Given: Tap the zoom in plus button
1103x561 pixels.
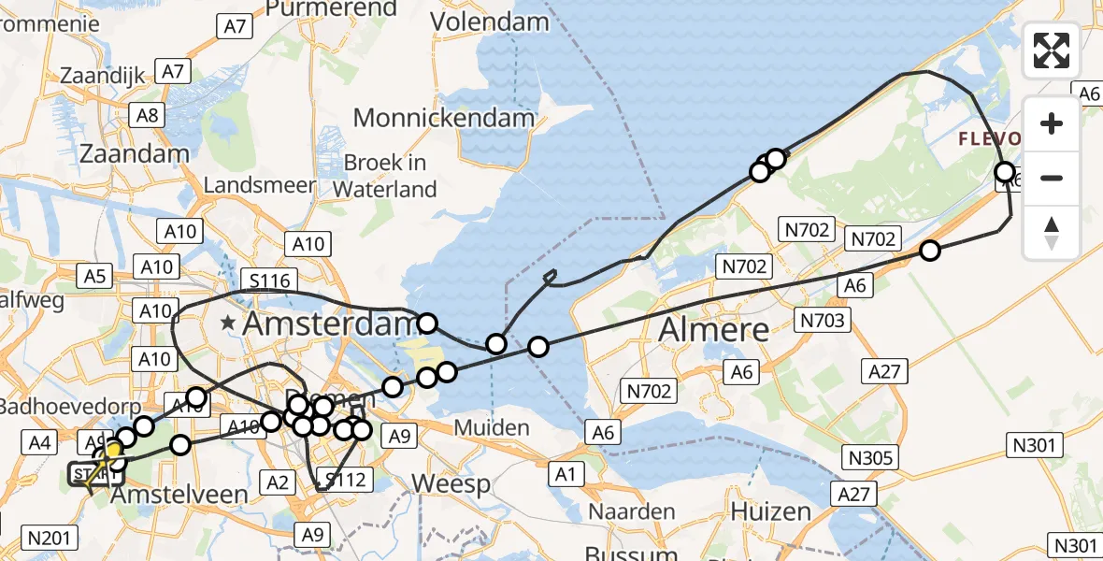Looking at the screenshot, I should [1052, 123].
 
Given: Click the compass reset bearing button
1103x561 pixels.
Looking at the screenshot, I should [1052, 232].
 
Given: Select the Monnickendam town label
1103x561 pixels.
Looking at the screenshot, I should [444, 118].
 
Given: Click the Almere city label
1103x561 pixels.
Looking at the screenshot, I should [714, 329].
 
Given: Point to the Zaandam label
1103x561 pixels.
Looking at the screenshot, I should [129, 153].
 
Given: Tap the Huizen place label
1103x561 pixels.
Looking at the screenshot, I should [770, 511].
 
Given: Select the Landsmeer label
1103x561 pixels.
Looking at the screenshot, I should [260, 185].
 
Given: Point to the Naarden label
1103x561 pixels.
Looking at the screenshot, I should [632, 511].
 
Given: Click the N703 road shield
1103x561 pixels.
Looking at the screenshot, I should [822, 322].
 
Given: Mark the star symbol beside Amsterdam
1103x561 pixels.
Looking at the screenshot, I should [227, 324].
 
